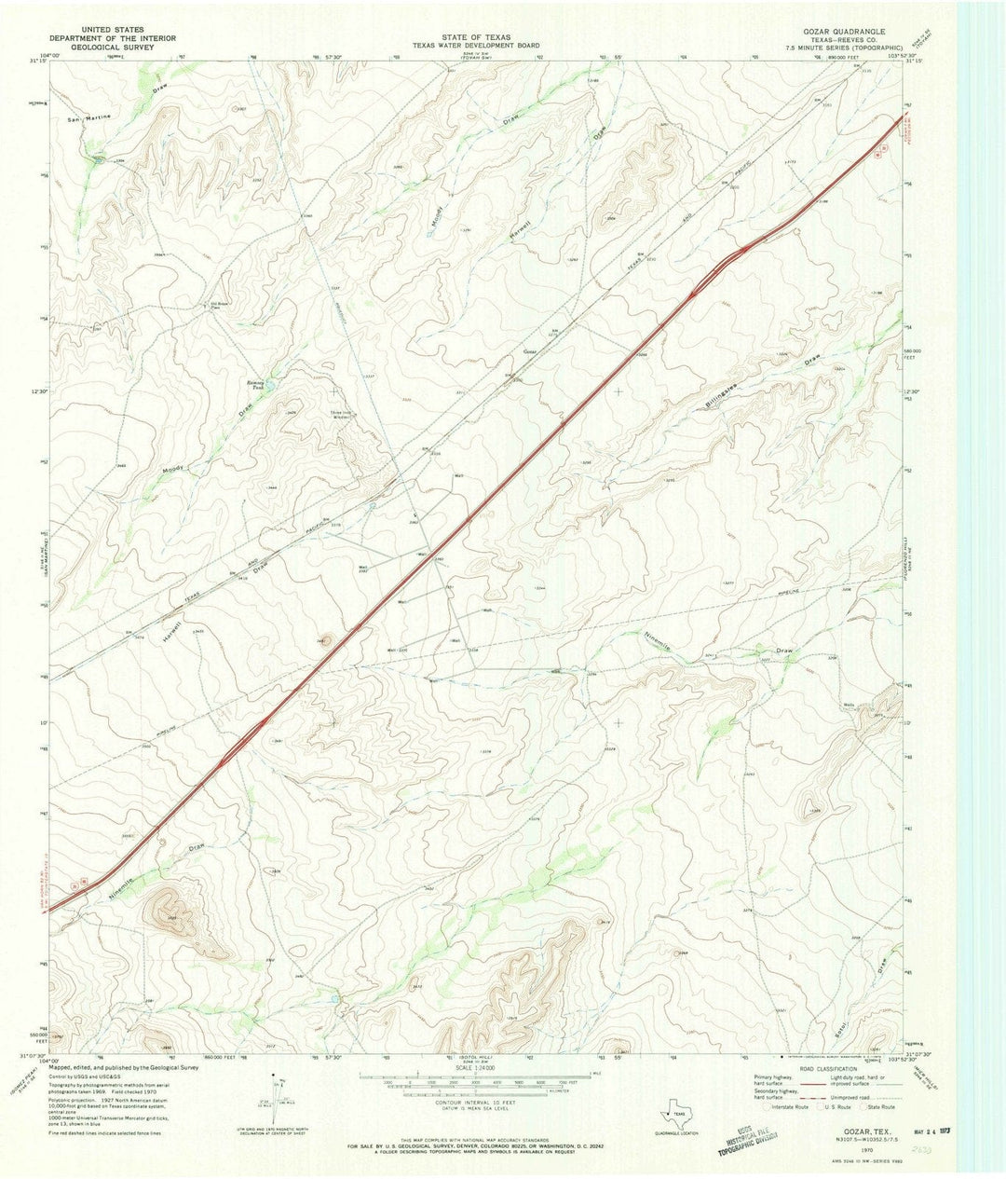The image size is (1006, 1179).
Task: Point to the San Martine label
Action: pos(90,118)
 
